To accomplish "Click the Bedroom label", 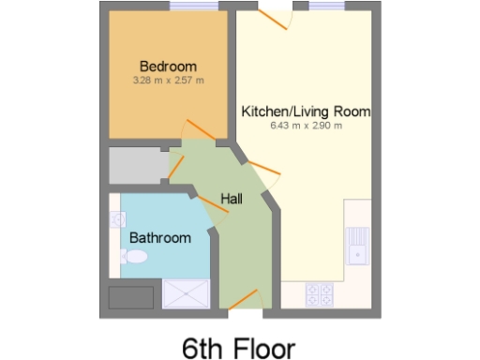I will pos(168,66).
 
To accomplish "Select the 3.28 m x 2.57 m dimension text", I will pos(168,80).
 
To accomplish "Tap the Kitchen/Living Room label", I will pos(306,112).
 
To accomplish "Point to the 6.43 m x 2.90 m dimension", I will pos(306,126).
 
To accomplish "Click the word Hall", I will pos(232,198).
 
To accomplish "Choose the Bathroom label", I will pos(159,237).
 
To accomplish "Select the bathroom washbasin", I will pos(118,220).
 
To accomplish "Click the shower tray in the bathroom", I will pos(187,293).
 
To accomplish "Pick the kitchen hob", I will pos(319,294).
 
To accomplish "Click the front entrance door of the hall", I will pos(242,300).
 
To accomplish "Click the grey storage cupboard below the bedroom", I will pos(136,167).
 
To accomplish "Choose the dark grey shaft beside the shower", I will pos(132,298).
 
